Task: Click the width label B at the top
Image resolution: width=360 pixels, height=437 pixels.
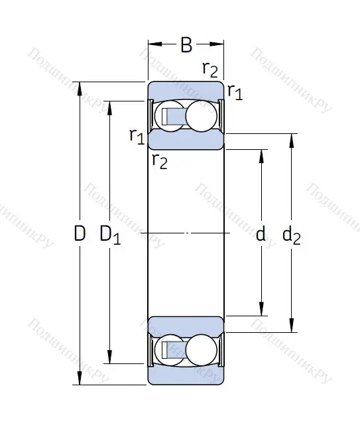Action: coord(186,45)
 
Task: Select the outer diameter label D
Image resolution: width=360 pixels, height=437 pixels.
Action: coord(80,233)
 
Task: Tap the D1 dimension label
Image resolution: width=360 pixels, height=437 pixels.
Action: coord(109,234)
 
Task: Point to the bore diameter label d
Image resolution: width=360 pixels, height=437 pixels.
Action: coord(261,233)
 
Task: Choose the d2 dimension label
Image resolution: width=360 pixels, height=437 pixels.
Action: coord(291,234)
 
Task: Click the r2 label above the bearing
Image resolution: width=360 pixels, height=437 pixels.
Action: coord(210,69)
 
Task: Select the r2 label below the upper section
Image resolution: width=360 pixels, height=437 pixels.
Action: coord(159,160)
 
